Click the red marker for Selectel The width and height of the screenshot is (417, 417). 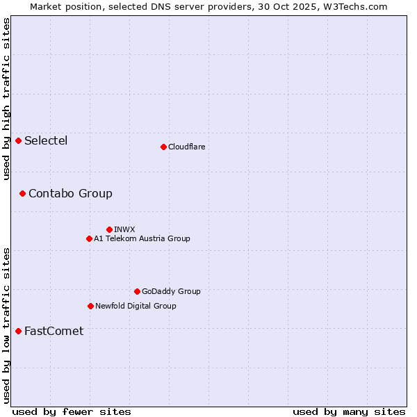click(x=18, y=141)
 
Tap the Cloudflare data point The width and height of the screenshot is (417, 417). click(x=163, y=147)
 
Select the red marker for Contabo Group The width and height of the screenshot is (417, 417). click(x=22, y=193)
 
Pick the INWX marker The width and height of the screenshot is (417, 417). click(x=109, y=229)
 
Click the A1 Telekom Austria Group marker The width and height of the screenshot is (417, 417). click(x=89, y=239)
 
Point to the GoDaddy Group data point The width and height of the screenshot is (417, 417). click(x=137, y=292)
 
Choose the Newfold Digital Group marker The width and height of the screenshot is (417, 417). click(x=90, y=306)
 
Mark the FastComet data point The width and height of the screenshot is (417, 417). click(x=18, y=331)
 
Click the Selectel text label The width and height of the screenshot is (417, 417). click(x=46, y=141)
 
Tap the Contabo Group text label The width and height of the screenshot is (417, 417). click(x=70, y=193)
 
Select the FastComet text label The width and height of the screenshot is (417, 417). click(x=54, y=331)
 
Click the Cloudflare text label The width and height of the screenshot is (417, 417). click(x=187, y=147)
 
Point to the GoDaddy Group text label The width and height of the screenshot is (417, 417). click(x=171, y=292)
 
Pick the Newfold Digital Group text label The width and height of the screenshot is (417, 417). click(x=136, y=306)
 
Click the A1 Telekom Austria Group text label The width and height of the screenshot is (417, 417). click(x=142, y=239)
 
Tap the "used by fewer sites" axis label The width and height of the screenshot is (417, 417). click(x=72, y=411)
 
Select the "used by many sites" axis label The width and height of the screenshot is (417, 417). click(x=349, y=411)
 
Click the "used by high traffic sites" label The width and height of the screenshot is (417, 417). click(x=6, y=99)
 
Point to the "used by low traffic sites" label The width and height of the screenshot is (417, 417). click(x=6, y=325)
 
